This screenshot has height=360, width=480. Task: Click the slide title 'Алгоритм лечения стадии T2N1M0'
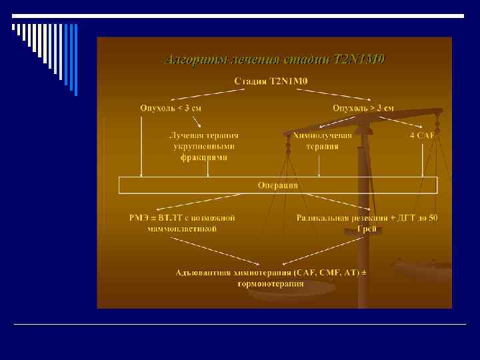(x=274, y=59)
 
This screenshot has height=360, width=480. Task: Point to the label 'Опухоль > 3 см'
(x=363, y=107)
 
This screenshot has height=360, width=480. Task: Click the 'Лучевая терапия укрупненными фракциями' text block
(x=203, y=146)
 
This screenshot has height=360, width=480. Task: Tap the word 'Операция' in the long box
(x=277, y=185)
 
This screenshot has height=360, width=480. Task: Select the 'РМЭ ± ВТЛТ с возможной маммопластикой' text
(x=182, y=223)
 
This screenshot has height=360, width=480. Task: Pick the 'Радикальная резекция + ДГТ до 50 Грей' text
(x=367, y=223)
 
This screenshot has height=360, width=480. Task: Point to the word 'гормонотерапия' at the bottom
(x=271, y=283)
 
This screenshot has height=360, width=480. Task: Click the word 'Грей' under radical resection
(x=367, y=229)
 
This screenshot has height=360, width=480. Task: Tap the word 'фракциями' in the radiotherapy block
(x=203, y=158)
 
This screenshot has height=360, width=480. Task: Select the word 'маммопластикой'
(x=182, y=229)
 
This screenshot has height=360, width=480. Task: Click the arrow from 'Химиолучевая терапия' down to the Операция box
(x=319, y=165)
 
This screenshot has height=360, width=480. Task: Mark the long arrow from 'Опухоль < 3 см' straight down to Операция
(x=141, y=147)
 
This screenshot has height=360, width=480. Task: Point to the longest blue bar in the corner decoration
(x=75, y=60)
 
